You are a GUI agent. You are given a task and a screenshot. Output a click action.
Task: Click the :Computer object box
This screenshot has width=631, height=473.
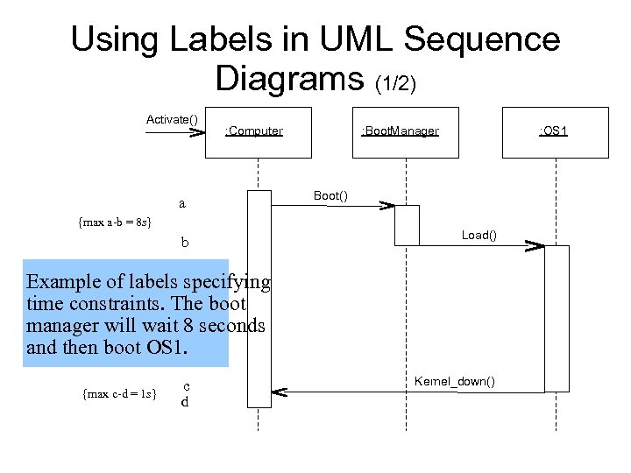(258, 132)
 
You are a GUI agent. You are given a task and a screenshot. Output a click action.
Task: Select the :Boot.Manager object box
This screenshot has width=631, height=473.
(404, 132)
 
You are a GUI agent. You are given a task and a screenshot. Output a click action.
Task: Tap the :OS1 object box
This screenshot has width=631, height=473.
(555, 132)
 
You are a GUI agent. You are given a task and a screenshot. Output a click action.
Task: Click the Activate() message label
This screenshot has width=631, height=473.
(172, 119)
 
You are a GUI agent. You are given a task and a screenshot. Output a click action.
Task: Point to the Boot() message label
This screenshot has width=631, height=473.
(330, 196)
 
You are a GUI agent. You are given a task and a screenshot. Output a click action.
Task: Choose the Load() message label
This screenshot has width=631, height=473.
(479, 235)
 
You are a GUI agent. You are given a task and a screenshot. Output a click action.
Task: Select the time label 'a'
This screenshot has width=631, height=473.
(182, 204)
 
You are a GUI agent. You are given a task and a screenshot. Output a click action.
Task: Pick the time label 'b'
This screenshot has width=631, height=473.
(184, 242)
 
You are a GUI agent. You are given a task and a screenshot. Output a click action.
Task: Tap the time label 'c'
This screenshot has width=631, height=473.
(187, 385)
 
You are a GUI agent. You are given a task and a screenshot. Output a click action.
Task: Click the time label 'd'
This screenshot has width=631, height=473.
(185, 402)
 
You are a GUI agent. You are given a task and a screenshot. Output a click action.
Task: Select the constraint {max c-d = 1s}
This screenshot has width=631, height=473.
(119, 394)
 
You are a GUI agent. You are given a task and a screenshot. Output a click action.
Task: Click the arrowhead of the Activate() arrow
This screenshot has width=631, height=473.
(197, 133)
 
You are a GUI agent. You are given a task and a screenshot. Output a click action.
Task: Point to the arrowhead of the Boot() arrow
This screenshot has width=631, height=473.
(386, 206)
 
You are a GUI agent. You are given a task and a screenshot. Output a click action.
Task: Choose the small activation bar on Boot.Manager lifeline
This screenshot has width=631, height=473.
(408, 225)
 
